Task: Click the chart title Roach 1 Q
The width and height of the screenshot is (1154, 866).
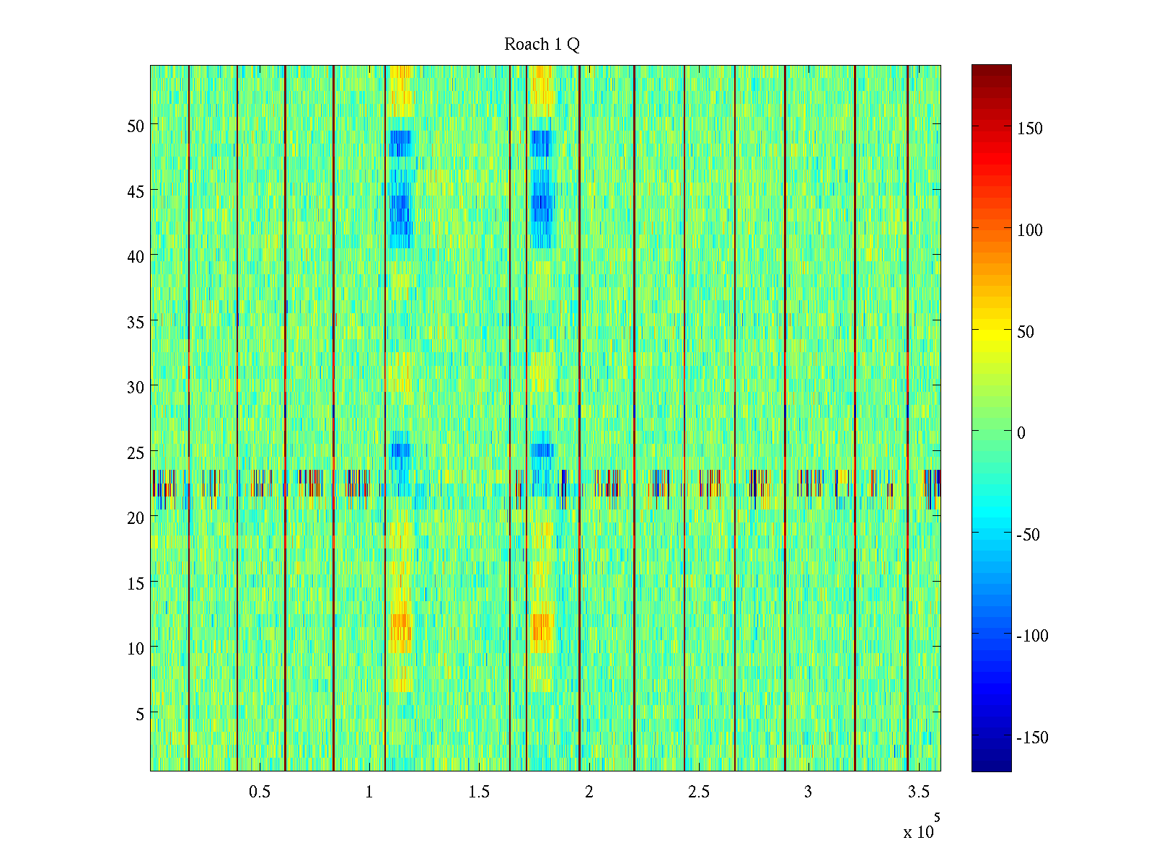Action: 542,45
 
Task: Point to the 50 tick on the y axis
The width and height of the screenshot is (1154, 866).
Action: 136,126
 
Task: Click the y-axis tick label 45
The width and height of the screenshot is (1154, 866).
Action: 136,191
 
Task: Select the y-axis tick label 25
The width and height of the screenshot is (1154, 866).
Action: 136,452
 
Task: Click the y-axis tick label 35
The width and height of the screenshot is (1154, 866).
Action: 136,322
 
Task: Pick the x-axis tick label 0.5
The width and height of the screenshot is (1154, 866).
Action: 260,792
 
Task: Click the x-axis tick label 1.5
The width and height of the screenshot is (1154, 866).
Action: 479,792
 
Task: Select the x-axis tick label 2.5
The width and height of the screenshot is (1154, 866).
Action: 698,792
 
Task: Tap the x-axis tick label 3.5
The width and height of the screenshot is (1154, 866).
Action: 918,792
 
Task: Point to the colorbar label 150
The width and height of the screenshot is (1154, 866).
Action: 1030,128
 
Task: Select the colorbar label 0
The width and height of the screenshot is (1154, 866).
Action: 1021,433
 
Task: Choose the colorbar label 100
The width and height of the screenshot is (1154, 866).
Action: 1030,230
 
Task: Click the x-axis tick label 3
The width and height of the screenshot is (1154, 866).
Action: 808,792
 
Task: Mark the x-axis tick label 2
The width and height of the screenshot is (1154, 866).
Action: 589,792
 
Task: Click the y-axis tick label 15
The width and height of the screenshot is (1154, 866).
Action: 136,583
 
